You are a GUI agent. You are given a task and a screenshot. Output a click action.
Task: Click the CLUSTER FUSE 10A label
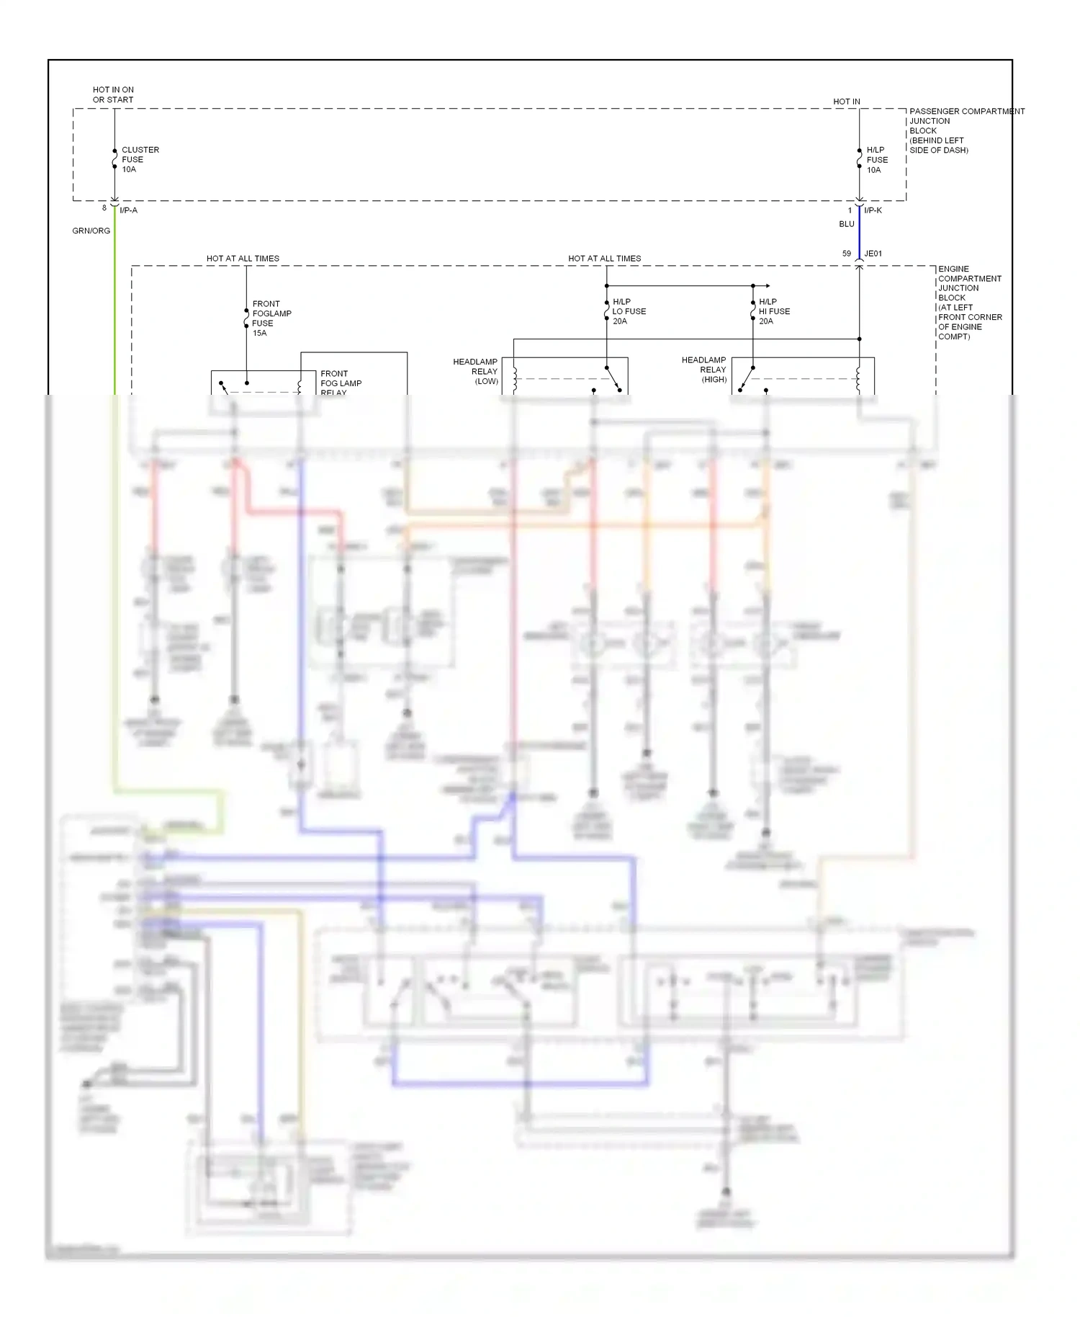click(140, 159)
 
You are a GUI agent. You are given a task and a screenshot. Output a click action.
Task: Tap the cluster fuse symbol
click(114, 159)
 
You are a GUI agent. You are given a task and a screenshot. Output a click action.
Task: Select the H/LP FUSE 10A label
click(876, 160)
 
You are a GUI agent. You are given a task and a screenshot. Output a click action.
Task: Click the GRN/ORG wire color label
click(91, 231)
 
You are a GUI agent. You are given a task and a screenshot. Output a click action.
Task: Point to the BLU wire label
click(846, 224)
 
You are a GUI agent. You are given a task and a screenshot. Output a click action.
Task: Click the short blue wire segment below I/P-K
click(859, 232)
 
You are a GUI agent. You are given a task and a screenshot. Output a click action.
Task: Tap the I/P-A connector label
click(128, 210)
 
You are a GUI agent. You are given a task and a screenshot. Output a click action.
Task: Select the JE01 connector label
click(873, 254)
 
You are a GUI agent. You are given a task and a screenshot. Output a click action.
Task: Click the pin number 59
click(846, 254)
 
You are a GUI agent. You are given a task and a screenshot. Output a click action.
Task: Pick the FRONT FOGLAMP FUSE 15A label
click(271, 318)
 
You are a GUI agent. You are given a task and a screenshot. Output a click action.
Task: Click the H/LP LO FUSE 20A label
click(629, 311)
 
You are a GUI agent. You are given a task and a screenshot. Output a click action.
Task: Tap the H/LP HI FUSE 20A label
click(774, 311)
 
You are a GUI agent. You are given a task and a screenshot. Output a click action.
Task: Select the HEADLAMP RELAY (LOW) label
click(475, 371)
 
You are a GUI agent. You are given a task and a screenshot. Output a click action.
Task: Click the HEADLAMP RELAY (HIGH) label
click(704, 370)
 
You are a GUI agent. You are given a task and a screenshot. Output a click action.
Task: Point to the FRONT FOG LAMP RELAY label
click(341, 383)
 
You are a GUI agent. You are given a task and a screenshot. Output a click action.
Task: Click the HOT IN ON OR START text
click(113, 94)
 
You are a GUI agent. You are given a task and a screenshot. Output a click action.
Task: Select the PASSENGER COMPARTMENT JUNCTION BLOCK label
click(965, 130)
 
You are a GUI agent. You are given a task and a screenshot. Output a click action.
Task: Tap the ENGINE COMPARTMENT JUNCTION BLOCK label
click(969, 303)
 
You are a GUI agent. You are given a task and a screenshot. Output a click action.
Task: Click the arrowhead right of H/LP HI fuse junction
click(768, 286)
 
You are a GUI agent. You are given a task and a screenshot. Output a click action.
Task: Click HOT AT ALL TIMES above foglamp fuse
click(243, 258)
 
